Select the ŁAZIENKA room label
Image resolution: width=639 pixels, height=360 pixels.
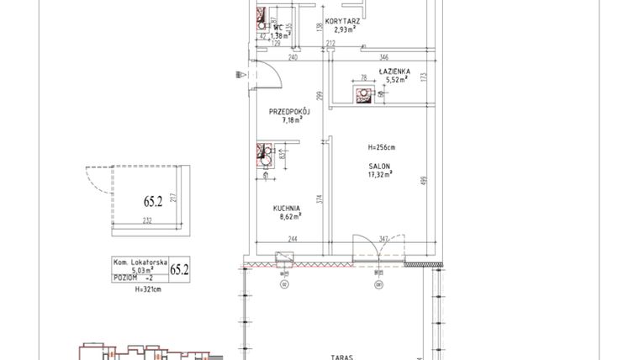pos(393,73)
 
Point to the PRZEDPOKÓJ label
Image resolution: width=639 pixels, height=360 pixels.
pos(290,111)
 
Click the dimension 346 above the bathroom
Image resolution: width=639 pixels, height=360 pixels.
pos(383,56)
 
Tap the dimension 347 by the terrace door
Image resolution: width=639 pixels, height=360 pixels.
pos(384,241)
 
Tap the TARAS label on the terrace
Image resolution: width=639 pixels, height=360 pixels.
pos(341,356)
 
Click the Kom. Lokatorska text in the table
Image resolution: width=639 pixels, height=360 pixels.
pos(140,262)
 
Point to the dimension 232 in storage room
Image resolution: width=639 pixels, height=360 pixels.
pos(147,220)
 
